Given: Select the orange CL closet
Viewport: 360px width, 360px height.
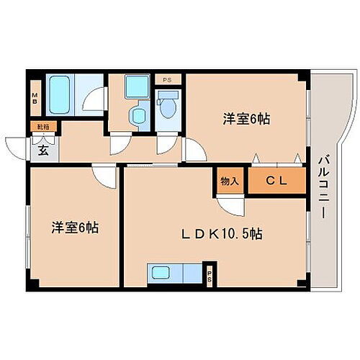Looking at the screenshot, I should coord(277,181).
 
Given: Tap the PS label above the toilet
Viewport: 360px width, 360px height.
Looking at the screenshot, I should coord(167,80).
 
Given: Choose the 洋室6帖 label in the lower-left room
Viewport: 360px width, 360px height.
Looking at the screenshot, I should coord(75,228).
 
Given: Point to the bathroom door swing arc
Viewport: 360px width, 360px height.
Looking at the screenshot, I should coord(94,101).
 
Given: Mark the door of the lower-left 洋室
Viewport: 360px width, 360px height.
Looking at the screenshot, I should coord(104,175).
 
